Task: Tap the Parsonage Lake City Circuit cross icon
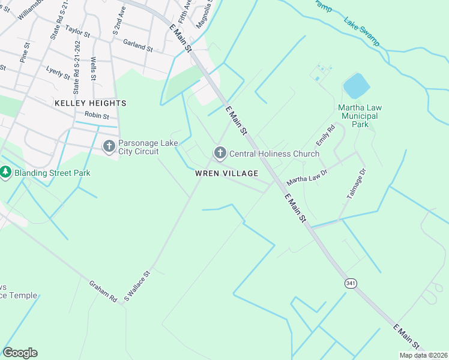(109, 146)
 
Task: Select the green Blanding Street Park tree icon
(6, 173)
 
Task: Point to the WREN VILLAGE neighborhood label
(226, 173)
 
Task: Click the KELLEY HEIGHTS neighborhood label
(90, 103)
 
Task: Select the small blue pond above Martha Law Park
(356, 86)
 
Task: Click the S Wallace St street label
(136, 285)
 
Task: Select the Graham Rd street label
(103, 291)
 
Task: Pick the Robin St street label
(97, 115)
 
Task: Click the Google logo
(20, 353)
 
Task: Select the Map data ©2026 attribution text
(423, 355)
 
